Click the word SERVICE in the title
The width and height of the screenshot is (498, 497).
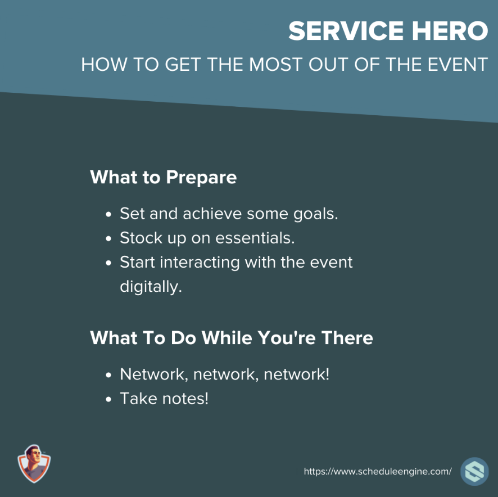346,31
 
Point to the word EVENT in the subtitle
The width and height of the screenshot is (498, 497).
458,65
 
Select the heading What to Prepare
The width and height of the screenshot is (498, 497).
163,177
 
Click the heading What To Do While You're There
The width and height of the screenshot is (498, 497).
232,337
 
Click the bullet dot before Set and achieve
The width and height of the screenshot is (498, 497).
108,214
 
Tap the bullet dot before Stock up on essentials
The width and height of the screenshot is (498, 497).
108,238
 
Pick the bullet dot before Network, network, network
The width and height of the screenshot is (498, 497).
108,375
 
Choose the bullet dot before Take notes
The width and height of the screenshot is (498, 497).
108,399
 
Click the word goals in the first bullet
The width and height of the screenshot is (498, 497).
315,215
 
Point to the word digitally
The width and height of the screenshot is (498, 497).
151,287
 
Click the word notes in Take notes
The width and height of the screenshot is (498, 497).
185,399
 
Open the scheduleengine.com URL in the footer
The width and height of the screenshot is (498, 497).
378,471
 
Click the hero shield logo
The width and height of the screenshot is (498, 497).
34,464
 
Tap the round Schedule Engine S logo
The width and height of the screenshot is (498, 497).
474,471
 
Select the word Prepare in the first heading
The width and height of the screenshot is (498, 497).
201,178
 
